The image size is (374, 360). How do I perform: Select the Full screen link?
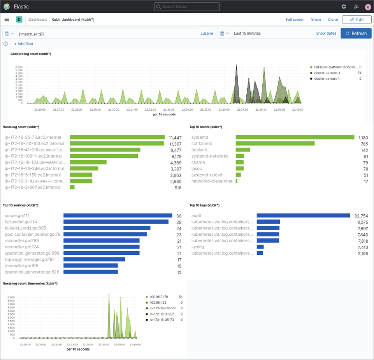(295, 19)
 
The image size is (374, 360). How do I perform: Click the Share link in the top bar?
(316, 19)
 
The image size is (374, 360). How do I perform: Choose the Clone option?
(333, 19)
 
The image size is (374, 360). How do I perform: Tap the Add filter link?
(24, 44)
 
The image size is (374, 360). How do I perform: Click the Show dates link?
(326, 34)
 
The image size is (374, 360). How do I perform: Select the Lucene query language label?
(207, 34)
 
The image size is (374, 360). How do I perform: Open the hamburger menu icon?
(7, 19)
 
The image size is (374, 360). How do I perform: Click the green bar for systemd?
(295, 137)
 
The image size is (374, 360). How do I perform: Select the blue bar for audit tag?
(303, 215)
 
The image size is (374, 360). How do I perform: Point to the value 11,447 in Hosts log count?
(176, 138)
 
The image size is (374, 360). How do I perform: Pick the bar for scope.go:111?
(118, 215)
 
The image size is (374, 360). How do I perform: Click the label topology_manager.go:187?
(30, 259)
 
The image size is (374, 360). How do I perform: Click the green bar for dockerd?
(242, 150)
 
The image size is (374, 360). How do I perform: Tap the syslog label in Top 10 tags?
(198, 247)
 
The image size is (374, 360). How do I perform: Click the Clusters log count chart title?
(31, 54)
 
